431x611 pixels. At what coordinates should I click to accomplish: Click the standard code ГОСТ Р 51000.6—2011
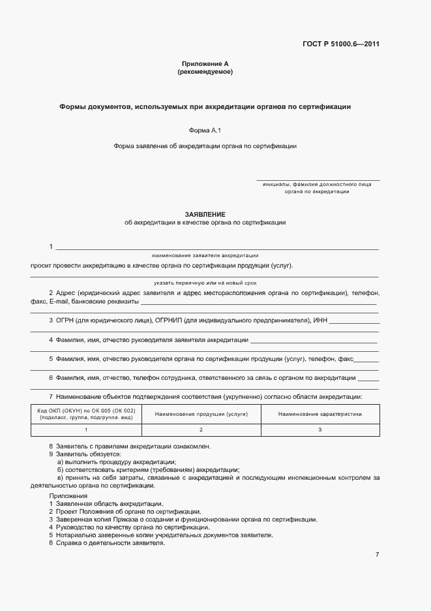coord(341,44)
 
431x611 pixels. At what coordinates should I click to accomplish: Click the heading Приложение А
coord(205,63)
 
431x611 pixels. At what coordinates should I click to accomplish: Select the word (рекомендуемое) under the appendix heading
coord(205,72)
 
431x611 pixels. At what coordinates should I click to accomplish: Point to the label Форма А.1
coord(205,130)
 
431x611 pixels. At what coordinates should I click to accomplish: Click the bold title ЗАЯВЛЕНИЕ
coord(205,214)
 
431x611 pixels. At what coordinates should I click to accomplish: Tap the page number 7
coord(377,554)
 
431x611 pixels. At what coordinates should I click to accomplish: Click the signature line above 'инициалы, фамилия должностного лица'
coord(318,180)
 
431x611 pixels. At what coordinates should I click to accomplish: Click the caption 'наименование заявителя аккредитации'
coord(205,255)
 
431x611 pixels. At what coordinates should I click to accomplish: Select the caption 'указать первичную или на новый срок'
coord(205,283)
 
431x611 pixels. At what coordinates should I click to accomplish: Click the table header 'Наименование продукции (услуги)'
coord(201,414)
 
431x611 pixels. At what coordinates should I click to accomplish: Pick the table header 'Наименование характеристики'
coord(320,414)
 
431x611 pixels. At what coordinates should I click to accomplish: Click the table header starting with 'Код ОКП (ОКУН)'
coord(86,413)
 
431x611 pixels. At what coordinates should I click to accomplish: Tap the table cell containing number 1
coord(86,430)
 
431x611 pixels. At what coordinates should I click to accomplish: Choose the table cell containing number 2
coord(201,430)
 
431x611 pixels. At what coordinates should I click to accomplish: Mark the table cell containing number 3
coord(320,430)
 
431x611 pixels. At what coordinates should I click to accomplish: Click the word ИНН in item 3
coord(320,321)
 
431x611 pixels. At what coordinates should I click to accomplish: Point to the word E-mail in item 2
coord(59,302)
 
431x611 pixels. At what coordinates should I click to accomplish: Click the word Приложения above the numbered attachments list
coord(68,496)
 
